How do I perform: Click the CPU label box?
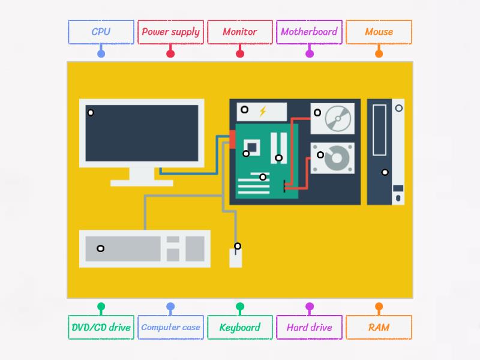pyautogui.click(x=101, y=32)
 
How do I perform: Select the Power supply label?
pyautogui.click(x=170, y=32)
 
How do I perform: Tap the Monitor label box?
pyautogui.click(x=240, y=32)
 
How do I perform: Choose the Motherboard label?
pyautogui.click(x=310, y=32)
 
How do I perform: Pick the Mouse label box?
pyautogui.click(x=379, y=32)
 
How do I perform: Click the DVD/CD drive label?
pyautogui.click(x=101, y=328)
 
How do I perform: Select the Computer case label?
pyautogui.click(x=170, y=328)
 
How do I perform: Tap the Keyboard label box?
pyautogui.click(x=240, y=328)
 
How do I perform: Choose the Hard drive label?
pyautogui.click(x=310, y=328)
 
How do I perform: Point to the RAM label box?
pyautogui.click(x=379, y=328)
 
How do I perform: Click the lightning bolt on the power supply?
pyautogui.click(x=262, y=111)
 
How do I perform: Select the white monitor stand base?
pyautogui.click(x=142, y=182)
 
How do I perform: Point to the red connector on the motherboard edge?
pyautogui.click(x=232, y=139)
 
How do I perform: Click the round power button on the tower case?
pyautogui.click(x=399, y=108)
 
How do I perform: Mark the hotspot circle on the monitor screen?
pyautogui.click(x=91, y=113)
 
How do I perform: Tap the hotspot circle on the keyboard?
pyautogui.click(x=101, y=248)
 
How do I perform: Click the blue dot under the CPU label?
pyautogui.click(x=101, y=53)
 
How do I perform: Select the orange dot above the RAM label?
pyautogui.click(x=379, y=307)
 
